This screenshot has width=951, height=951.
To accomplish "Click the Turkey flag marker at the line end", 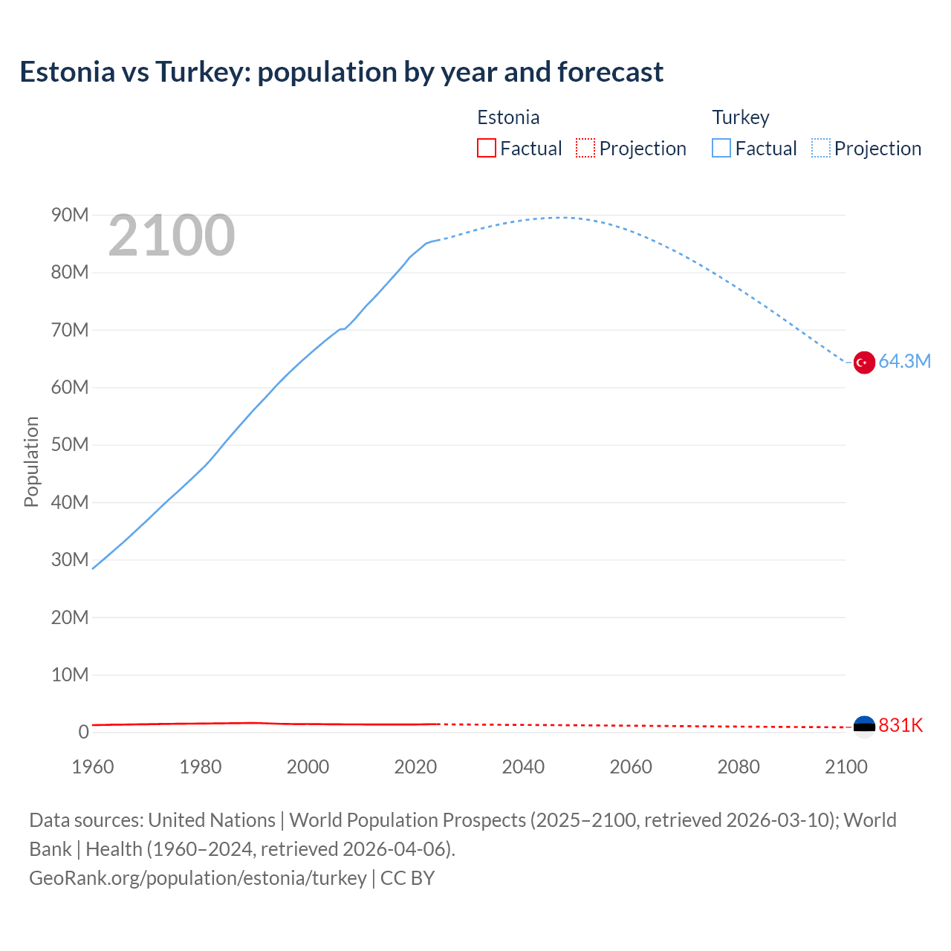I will [x=863, y=363].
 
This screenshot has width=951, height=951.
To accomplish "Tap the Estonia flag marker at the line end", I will [x=863, y=725].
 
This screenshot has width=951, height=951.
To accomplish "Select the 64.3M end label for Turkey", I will [x=904, y=362].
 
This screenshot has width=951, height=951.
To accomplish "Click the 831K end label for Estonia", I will [x=900, y=726].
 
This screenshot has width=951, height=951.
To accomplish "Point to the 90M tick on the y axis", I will [x=70, y=215].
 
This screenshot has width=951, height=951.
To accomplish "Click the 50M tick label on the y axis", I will [x=70, y=445].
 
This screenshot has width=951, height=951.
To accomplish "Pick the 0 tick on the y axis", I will [x=83, y=732].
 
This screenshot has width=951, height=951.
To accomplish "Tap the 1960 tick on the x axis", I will [x=93, y=767].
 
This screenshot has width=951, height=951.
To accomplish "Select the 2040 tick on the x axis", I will [x=523, y=767].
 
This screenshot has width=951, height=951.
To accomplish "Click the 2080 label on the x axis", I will [x=739, y=767].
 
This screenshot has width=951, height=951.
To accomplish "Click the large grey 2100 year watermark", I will [x=172, y=236].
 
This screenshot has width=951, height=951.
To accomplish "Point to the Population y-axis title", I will [x=31, y=461].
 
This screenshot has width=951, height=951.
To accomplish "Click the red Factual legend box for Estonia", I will [x=487, y=149].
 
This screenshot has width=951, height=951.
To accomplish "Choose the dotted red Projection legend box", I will [x=585, y=149].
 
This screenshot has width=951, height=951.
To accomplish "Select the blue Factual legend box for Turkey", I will [x=721, y=149].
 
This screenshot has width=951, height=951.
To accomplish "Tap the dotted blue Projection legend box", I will [x=821, y=149].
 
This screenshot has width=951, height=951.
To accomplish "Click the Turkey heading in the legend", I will [x=741, y=117].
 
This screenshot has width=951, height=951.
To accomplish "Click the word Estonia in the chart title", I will [x=68, y=72].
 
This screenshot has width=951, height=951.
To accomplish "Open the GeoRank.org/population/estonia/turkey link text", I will [x=198, y=878].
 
